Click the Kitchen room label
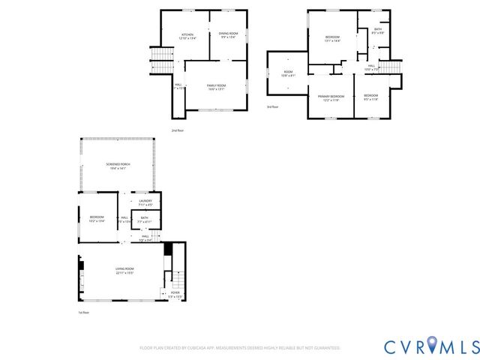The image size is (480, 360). pyautogui.click(x=187, y=37)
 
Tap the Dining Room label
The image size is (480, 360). pyautogui.click(x=228, y=35)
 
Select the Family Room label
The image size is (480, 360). pyautogui.click(x=216, y=88)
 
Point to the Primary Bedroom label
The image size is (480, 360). pyautogui.click(x=331, y=97)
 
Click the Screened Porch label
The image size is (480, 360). pyautogui.click(x=115, y=167)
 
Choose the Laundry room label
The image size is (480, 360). pyautogui.click(x=145, y=202)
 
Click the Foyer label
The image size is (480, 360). pyautogui.click(x=175, y=295)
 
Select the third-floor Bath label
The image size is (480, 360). pyautogui.click(x=378, y=31)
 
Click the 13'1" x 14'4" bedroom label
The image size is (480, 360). pyautogui.click(x=332, y=39)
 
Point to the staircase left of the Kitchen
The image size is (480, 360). pyautogui.click(x=161, y=60)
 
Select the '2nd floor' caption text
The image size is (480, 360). pyautogui.click(x=177, y=130)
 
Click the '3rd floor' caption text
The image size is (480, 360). pyautogui.click(x=272, y=107)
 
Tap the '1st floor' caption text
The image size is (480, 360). pyautogui.click(x=84, y=312)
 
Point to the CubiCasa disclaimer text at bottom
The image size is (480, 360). pyautogui.click(x=240, y=348)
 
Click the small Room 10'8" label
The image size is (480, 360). pyautogui.click(x=288, y=74)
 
